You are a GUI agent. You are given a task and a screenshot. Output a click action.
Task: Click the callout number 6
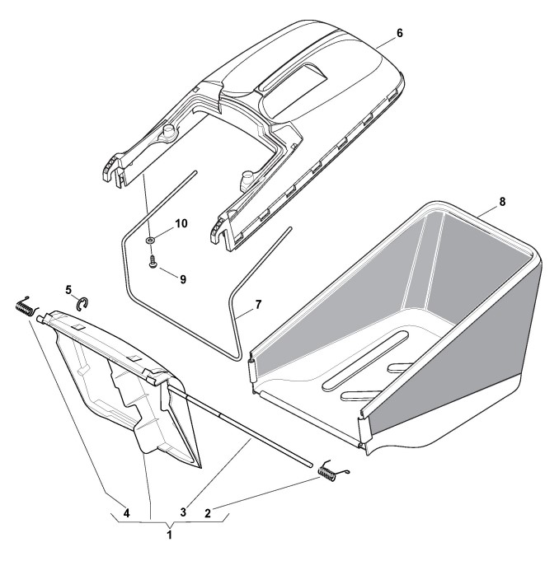(x=399, y=33)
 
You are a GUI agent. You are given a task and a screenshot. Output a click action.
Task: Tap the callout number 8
(x=502, y=202)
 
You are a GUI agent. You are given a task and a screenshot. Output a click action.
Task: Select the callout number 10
(x=181, y=223)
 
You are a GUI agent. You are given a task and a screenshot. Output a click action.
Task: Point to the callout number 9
(x=183, y=279)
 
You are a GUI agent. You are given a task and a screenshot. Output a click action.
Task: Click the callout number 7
(x=258, y=305)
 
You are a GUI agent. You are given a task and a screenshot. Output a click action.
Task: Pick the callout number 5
(x=68, y=289)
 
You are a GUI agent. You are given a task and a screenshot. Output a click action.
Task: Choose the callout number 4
(x=126, y=513)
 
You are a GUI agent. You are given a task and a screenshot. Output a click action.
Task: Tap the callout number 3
(x=183, y=512)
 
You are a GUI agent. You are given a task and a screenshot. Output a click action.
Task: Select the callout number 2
(x=208, y=513)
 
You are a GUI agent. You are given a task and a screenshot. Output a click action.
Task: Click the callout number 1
(x=169, y=535)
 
